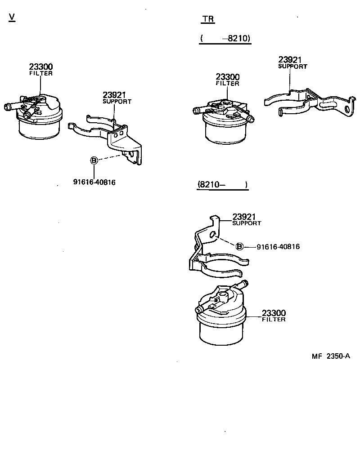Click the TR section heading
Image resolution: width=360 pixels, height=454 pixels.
[208, 19]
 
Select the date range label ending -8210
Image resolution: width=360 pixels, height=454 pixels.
[225, 39]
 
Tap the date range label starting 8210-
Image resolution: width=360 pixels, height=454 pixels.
[222, 185]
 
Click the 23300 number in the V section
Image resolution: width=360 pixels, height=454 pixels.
[41, 67]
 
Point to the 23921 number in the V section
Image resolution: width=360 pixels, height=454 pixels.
[114, 95]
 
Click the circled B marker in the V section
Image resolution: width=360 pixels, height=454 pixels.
[94, 160]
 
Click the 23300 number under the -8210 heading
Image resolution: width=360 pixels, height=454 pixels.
[227, 77]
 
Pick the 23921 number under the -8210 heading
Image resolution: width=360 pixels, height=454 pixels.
[290, 60]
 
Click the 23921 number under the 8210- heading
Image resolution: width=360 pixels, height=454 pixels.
[244, 217]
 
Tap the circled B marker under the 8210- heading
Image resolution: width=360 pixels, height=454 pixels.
[240, 246]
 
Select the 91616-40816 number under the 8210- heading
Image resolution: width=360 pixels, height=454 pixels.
[278, 247]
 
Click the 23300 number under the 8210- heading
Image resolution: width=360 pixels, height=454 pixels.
[274, 313]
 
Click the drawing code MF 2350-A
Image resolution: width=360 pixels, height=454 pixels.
[331, 356]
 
